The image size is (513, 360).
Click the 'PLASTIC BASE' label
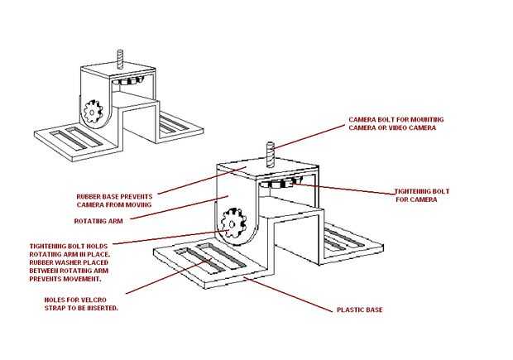pos(360,310)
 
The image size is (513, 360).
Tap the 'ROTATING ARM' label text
pos(98,221)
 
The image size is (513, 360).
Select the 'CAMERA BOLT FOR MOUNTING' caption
pos(396,119)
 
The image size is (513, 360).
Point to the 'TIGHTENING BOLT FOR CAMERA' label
pos(422,195)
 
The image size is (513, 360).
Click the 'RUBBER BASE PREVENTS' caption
pos(114,197)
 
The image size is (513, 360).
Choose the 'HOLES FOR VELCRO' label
pos(75,300)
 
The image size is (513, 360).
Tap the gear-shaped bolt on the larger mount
pos(233,223)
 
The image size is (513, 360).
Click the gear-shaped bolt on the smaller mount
pos(93,112)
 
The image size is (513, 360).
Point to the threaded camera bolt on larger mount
pos(271,154)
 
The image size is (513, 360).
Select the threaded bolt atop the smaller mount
pos(121,60)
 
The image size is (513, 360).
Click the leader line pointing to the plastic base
pos(289,295)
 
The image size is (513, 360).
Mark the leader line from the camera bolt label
pos(309,137)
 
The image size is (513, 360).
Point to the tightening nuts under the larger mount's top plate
pos(280,183)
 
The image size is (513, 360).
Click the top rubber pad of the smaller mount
pos(117,70)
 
